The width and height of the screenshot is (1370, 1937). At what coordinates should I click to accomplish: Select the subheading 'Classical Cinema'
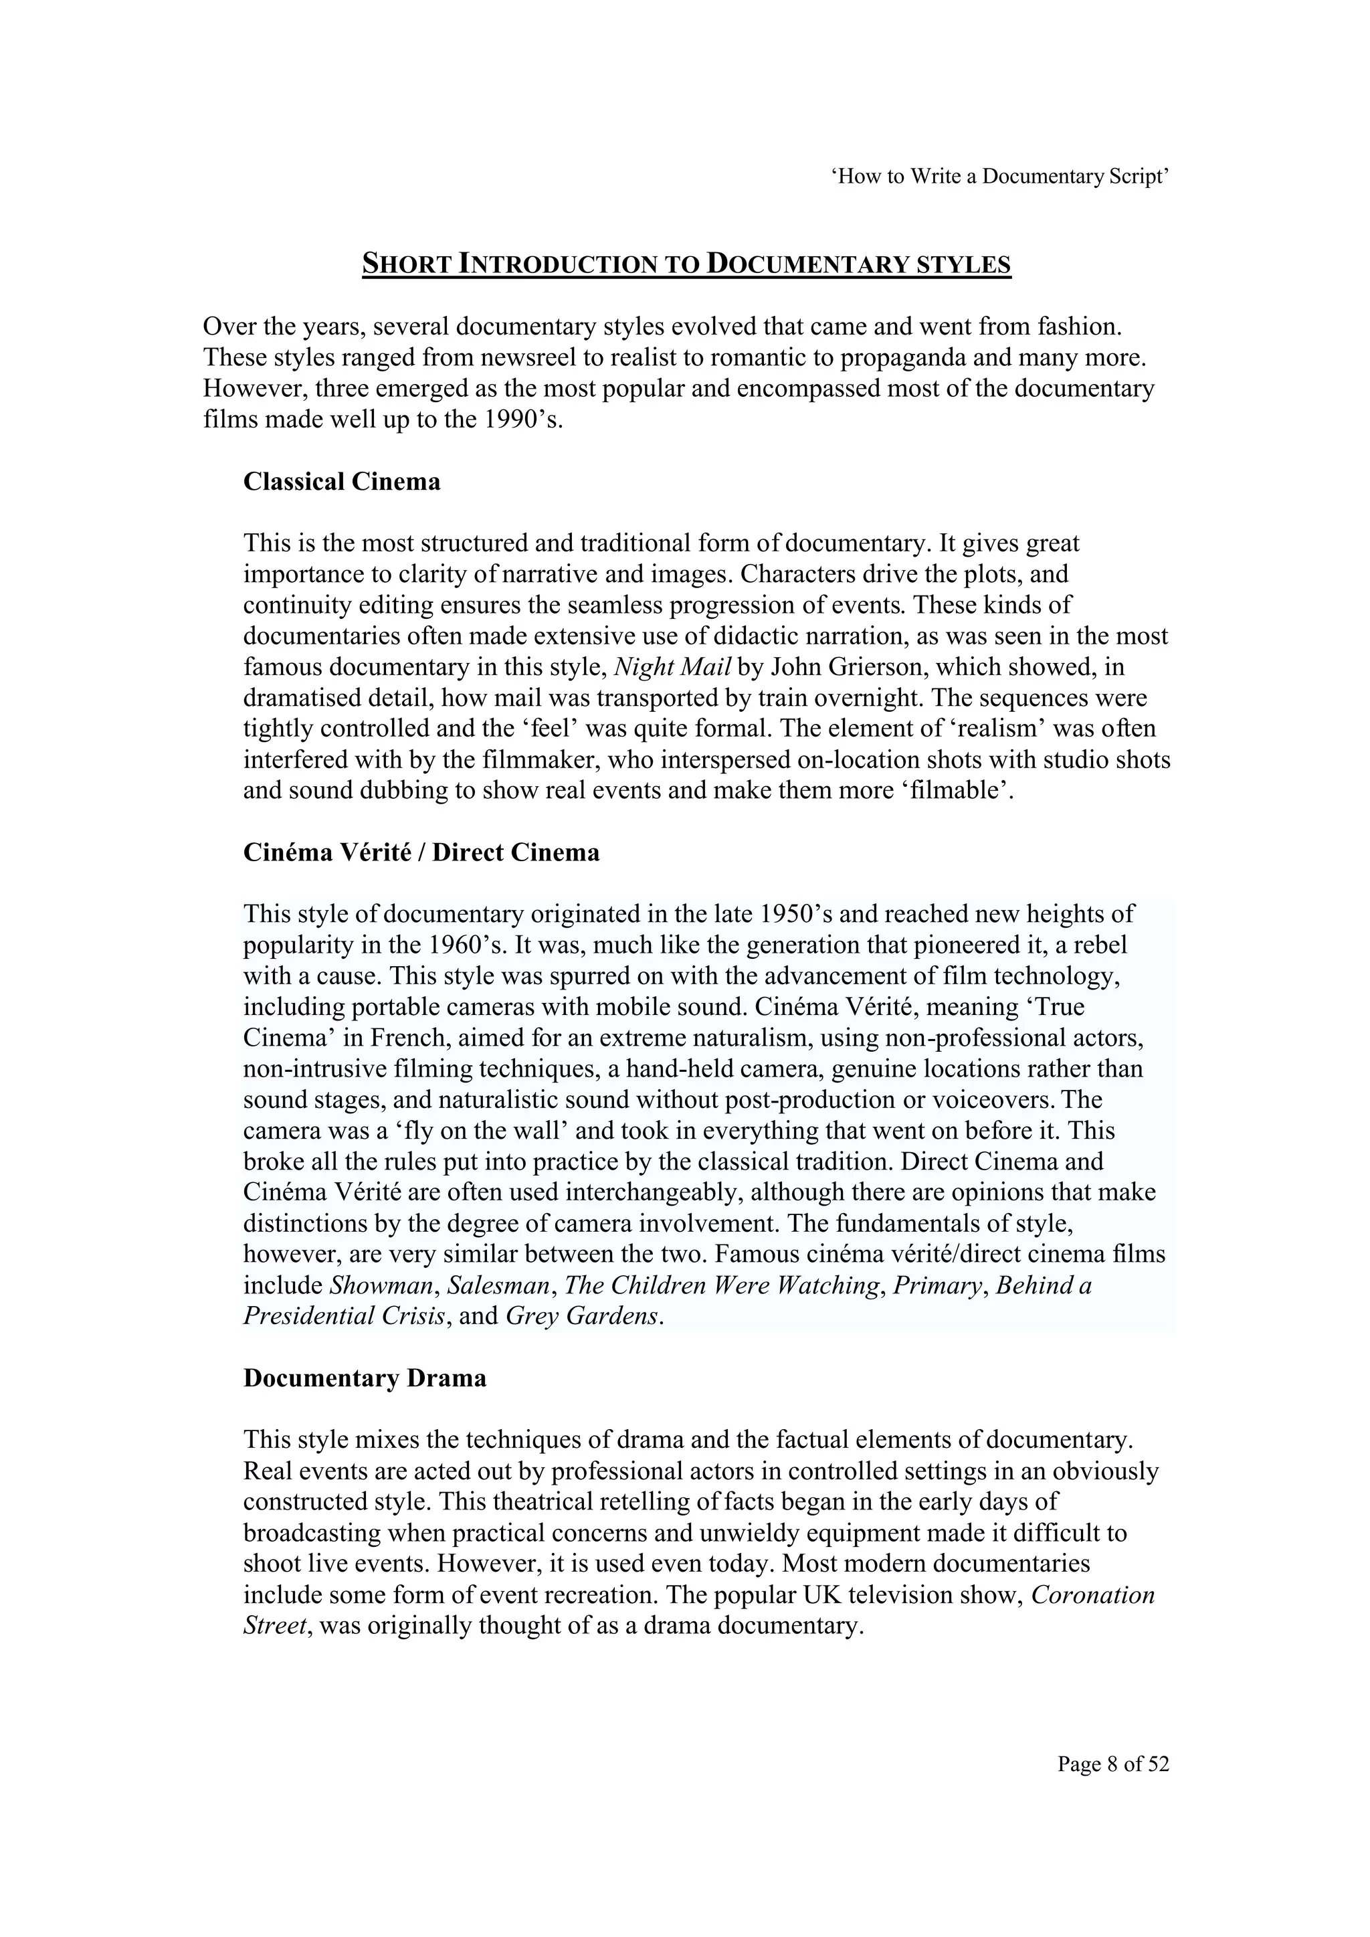coord(342,482)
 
